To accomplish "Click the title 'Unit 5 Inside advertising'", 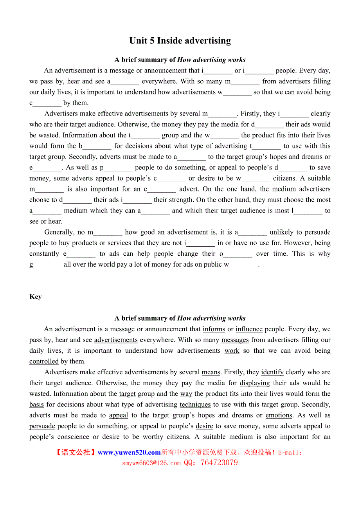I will coord(180,41).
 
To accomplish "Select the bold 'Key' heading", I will coord(36,297).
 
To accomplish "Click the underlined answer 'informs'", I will coord(214,329).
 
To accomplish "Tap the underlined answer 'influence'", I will coord(249,329).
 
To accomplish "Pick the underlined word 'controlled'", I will coord(44,361).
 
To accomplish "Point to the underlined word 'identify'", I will coord(272,372).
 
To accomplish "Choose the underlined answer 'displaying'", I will coord(255,383).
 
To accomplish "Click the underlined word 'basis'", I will coord(36,404).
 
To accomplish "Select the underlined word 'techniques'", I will coord(195,404).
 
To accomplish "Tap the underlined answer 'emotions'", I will coord(279,415).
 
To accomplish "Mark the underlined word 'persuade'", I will coord(42,426).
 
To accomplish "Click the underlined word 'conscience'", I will coord(73,437).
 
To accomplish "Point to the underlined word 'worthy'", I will coord(153,437).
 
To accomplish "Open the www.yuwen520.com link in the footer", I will coord(129,453).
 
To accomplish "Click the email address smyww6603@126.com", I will coord(151,463).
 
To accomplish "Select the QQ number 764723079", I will coord(219,463).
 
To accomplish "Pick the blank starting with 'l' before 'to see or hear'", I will coord(308,211).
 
